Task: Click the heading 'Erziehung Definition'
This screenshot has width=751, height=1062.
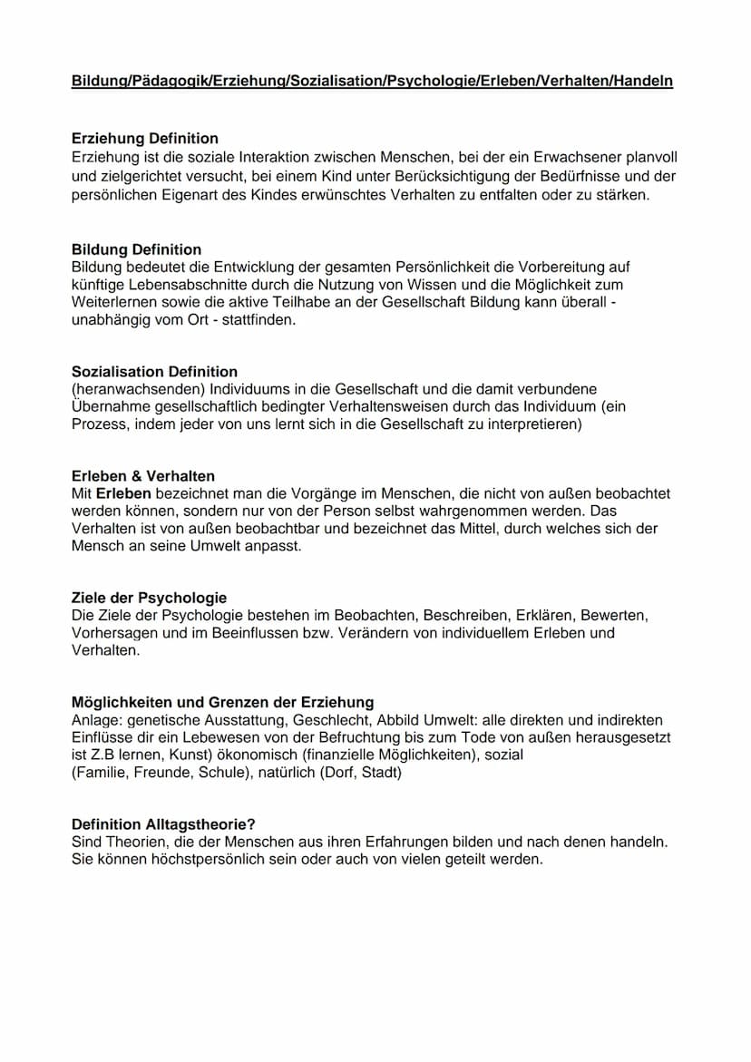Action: (144, 139)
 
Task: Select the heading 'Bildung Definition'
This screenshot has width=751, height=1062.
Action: (136, 249)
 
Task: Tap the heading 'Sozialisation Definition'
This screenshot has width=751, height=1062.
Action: (154, 372)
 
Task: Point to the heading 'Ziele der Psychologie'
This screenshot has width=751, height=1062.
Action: (149, 599)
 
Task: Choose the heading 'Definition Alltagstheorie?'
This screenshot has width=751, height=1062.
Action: (163, 824)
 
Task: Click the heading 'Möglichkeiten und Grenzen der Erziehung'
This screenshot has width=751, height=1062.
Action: (222, 703)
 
